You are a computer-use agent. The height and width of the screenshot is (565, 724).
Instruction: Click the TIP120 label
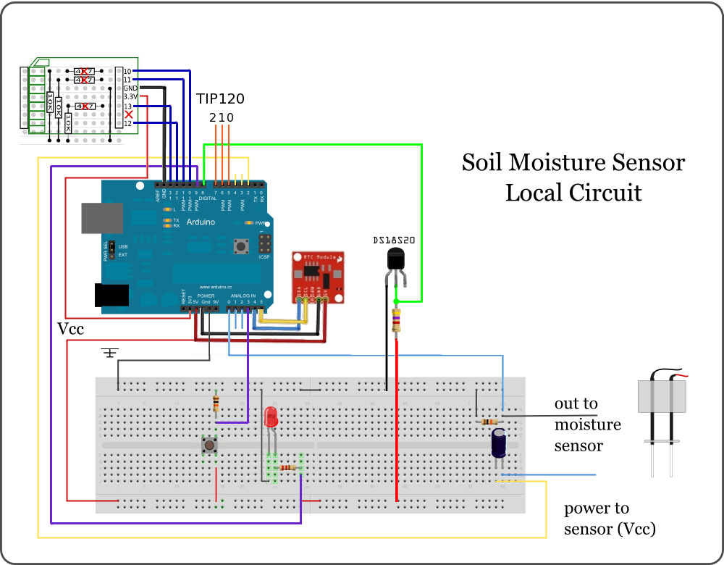click(221, 99)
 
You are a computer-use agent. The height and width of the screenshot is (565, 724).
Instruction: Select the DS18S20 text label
click(393, 240)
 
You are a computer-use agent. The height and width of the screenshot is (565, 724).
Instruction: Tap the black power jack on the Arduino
click(111, 295)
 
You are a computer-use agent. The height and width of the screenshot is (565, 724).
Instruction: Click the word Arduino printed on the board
click(201, 222)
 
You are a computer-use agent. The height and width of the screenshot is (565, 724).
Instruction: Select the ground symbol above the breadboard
click(110, 353)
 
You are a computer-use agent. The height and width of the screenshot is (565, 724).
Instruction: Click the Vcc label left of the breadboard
click(71, 330)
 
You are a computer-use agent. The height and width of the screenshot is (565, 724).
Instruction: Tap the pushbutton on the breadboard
click(210, 445)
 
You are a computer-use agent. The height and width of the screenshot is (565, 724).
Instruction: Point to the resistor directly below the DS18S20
click(396, 319)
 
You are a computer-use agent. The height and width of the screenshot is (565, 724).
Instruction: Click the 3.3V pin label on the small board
click(130, 96)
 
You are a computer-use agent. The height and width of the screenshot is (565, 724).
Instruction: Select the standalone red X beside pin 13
click(129, 114)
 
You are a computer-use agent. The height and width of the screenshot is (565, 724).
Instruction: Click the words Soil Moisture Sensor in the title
click(573, 162)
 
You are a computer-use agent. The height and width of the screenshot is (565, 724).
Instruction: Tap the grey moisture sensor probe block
click(661, 396)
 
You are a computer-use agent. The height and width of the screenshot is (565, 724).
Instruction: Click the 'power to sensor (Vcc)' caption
click(610, 519)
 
